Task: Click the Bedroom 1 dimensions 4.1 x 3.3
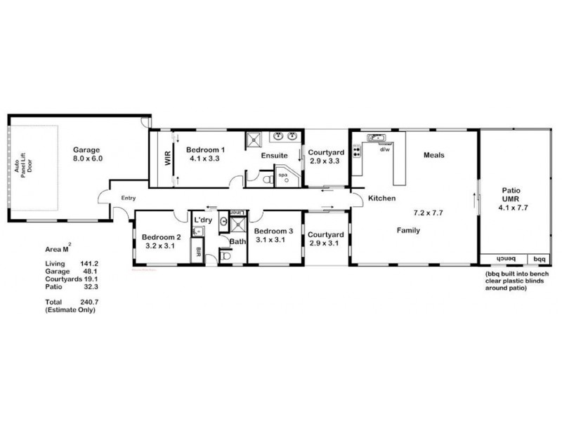(205, 159)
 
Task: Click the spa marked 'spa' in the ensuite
(284, 174)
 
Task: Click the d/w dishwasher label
(384, 149)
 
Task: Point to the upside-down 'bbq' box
(538, 258)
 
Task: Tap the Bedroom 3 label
(273, 231)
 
